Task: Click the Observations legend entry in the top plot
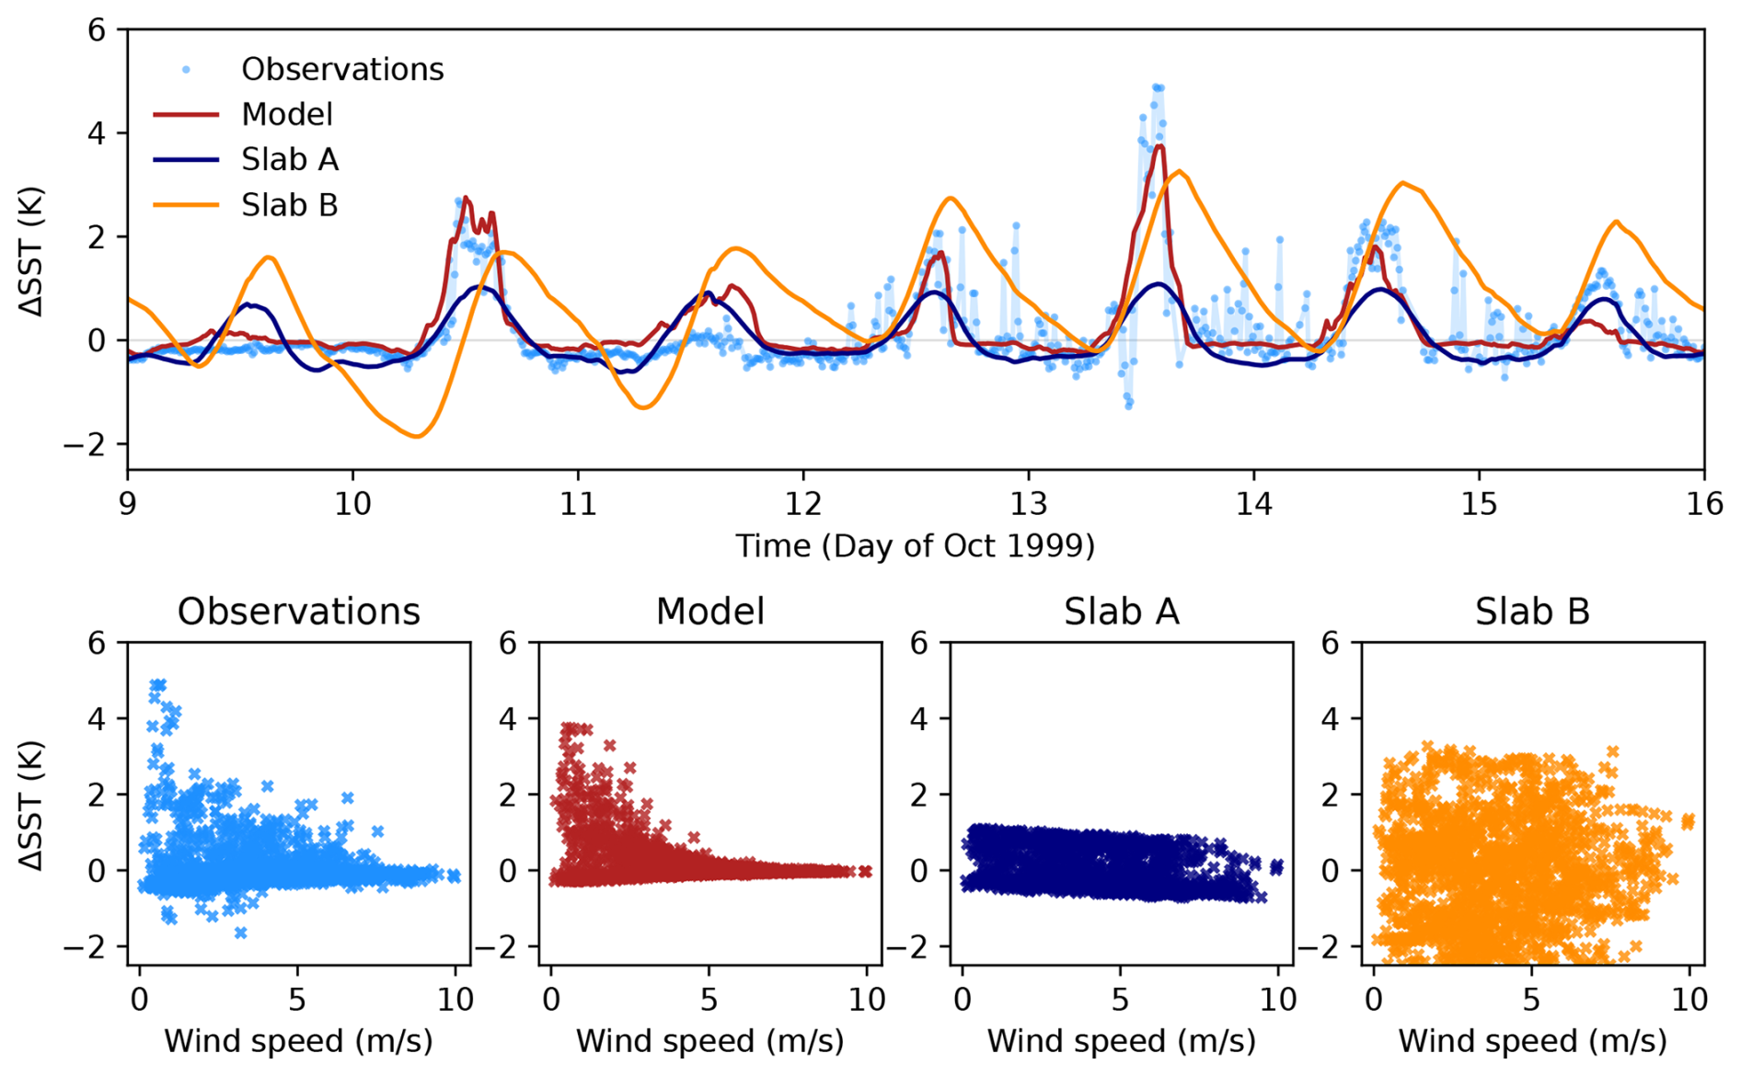click(x=341, y=69)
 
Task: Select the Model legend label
click(x=286, y=114)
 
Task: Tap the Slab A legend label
click(x=289, y=159)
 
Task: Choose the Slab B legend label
click(x=289, y=204)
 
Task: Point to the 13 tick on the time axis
click(x=1028, y=504)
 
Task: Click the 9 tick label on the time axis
click(x=127, y=504)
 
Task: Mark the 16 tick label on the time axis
click(x=1703, y=504)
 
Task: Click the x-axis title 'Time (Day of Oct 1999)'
click(x=915, y=546)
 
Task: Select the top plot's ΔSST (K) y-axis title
click(x=32, y=250)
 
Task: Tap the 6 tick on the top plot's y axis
click(x=97, y=30)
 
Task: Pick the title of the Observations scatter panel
click(x=298, y=612)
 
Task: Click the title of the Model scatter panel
click(x=709, y=612)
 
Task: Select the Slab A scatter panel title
click(x=1121, y=612)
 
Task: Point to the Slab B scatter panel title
click(x=1532, y=612)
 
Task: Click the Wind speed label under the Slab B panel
click(x=1532, y=1041)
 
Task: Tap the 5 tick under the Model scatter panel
click(x=709, y=1000)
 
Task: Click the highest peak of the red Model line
click(x=1160, y=145)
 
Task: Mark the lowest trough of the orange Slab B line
click(x=417, y=436)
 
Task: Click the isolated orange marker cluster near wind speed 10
click(x=1688, y=821)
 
